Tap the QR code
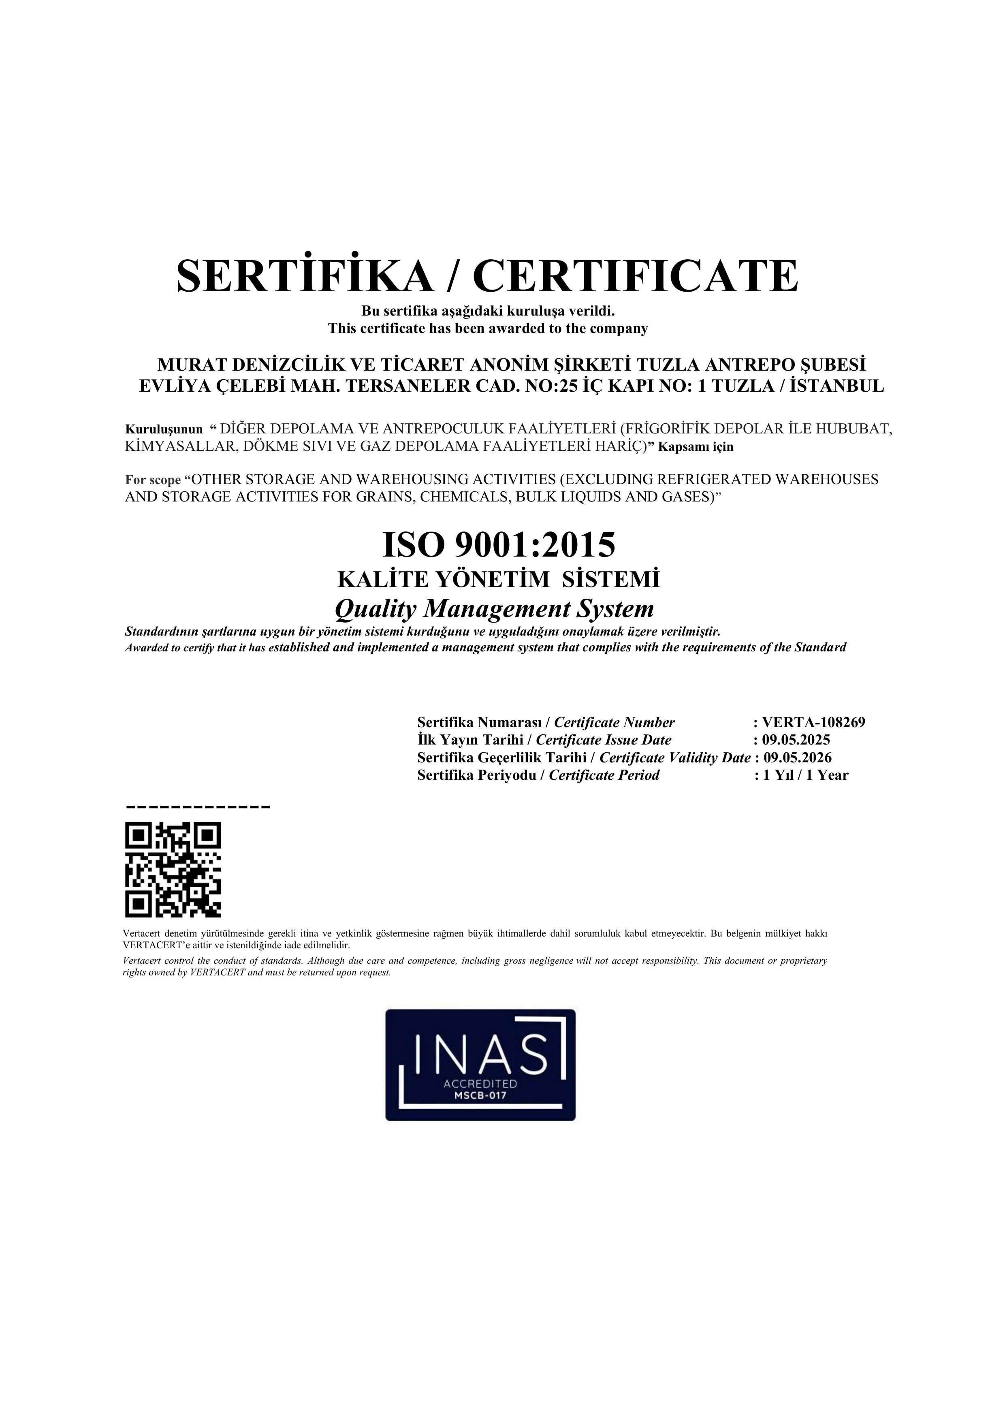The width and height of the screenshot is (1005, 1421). [x=173, y=870]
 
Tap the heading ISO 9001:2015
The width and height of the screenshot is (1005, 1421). [x=499, y=545]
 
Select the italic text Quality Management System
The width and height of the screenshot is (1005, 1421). [x=494, y=609]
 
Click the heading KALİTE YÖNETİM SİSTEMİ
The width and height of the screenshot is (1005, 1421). [x=498, y=579]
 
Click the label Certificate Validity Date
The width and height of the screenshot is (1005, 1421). [x=674, y=757]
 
